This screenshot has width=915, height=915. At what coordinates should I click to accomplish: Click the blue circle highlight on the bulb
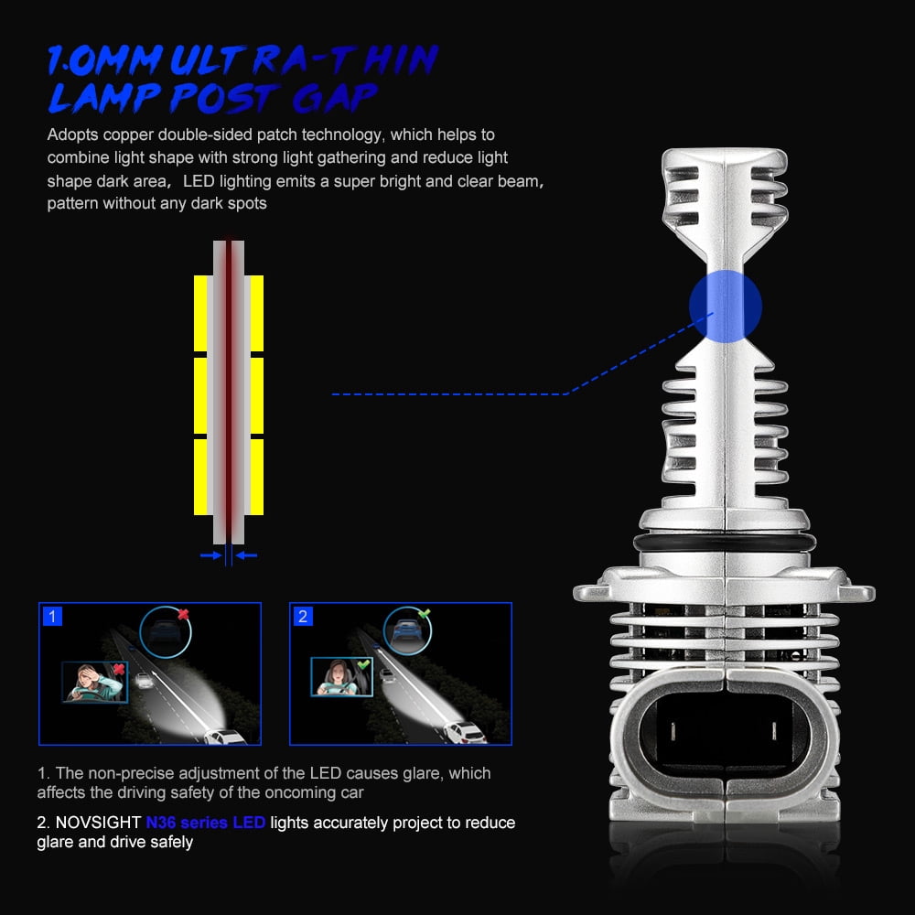click(726, 306)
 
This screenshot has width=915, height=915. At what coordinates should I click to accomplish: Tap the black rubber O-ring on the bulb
click(725, 543)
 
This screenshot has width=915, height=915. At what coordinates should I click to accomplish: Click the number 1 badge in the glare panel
click(52, 616)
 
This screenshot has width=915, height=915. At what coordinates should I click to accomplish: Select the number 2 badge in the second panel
click(303, 616)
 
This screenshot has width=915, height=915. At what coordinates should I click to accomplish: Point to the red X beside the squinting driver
click(119, 669)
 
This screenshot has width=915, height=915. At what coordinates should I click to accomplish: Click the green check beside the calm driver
click(363, 664)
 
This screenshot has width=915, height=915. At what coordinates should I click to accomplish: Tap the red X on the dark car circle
click(183, 614)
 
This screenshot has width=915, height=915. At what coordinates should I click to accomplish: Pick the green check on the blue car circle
click(425, 613)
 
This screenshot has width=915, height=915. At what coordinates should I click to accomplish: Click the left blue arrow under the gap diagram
click(210, 555)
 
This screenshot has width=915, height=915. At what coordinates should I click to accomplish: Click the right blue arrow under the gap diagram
click(246, 555)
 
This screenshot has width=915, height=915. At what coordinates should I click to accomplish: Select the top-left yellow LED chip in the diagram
click(200, 313)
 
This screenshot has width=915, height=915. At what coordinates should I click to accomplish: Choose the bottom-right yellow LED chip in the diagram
click(257, 477)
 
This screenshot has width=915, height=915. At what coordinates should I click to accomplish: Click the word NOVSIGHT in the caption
click(98, 823)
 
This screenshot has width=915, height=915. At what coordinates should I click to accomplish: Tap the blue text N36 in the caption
click(160, 823)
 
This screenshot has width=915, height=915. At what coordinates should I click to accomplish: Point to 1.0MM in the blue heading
click(105, 60)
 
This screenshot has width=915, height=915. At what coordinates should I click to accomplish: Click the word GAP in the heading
click(335, 98)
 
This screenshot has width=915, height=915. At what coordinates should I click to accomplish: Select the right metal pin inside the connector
click(774, 731)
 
